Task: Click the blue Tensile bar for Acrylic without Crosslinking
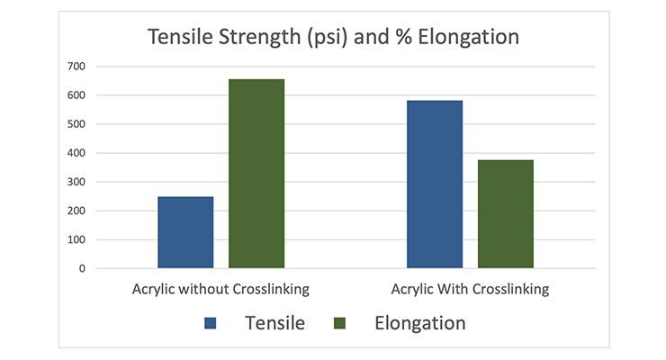(x=185, y=232)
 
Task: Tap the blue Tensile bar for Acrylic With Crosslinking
(x=435, y=184)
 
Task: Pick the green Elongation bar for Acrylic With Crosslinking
(x=505, y=214)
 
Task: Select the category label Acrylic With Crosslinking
(x=470, y=290)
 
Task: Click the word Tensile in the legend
(x=274, y=323)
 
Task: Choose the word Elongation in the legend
(x=419, y=323)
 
